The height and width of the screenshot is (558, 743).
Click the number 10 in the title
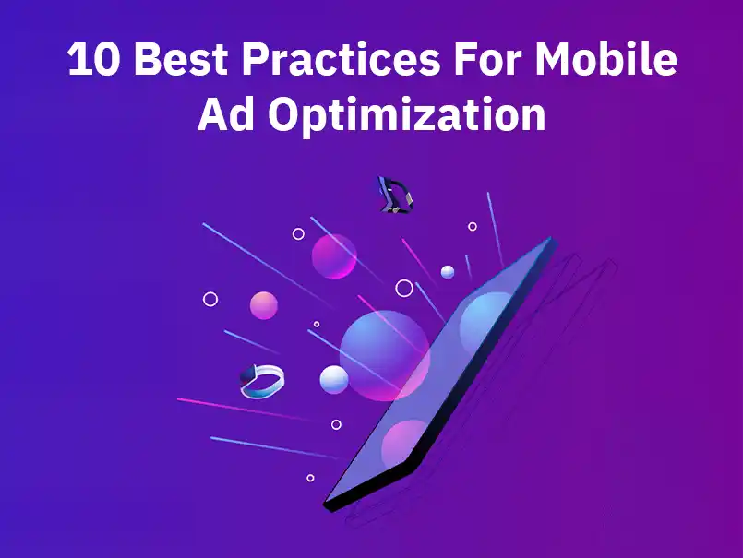pos(94,62)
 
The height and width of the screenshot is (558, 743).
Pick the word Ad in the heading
pos(225,117)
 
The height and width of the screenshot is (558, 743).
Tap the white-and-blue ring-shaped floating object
pos(262,381)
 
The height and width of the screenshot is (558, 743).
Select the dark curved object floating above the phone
pos(394,195)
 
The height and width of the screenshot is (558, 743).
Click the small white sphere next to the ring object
pos(333,378)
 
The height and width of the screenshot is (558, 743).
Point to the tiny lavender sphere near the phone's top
pos(448,271)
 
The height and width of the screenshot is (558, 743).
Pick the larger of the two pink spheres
pos(334,255)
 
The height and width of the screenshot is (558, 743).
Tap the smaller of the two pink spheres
pos(264,305)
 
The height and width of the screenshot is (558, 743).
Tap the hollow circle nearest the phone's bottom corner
pos(310,478)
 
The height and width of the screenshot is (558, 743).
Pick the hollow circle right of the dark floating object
pos(473,226)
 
